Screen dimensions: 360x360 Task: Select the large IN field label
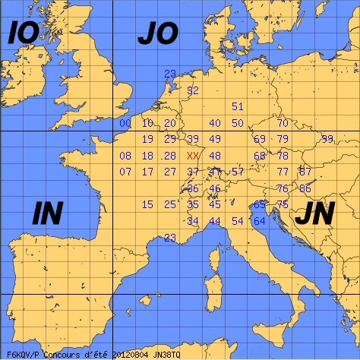tap(47, 214)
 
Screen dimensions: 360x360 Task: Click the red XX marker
tap(193, 156)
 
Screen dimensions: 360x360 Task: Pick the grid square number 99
tap(327, 139)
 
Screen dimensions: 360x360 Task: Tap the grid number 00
tap(125, 123)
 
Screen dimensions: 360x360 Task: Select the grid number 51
tap(238, 106)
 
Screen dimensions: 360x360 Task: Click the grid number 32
tap(193, 90)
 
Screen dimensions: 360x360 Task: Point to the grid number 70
tap(283, 123)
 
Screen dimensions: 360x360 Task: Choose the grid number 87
tap(305, 172)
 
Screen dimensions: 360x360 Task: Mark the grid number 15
tap(147, 204)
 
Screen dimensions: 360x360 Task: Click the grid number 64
tap(260, 221)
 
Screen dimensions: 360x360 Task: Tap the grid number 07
tap(125, 172)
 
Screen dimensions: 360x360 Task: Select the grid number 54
tap(238, 221)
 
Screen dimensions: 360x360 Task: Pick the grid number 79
tap(283, 139)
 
